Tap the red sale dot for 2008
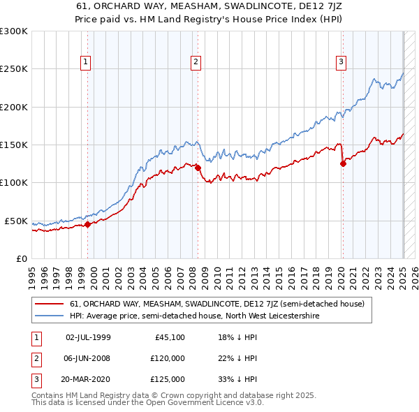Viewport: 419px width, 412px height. click(198, 168)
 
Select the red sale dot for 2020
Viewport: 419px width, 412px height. click(343, 164)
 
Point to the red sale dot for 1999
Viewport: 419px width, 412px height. click(88, 224)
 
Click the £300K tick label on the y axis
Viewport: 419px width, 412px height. click(14, 31)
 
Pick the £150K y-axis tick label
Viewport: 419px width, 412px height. click(14, 145)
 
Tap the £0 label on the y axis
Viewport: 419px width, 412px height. click(21, 258)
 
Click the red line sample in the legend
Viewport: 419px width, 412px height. click(49, 304)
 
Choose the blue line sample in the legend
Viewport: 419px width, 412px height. click(49, 316)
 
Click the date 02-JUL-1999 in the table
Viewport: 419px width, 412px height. click(88, 338)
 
